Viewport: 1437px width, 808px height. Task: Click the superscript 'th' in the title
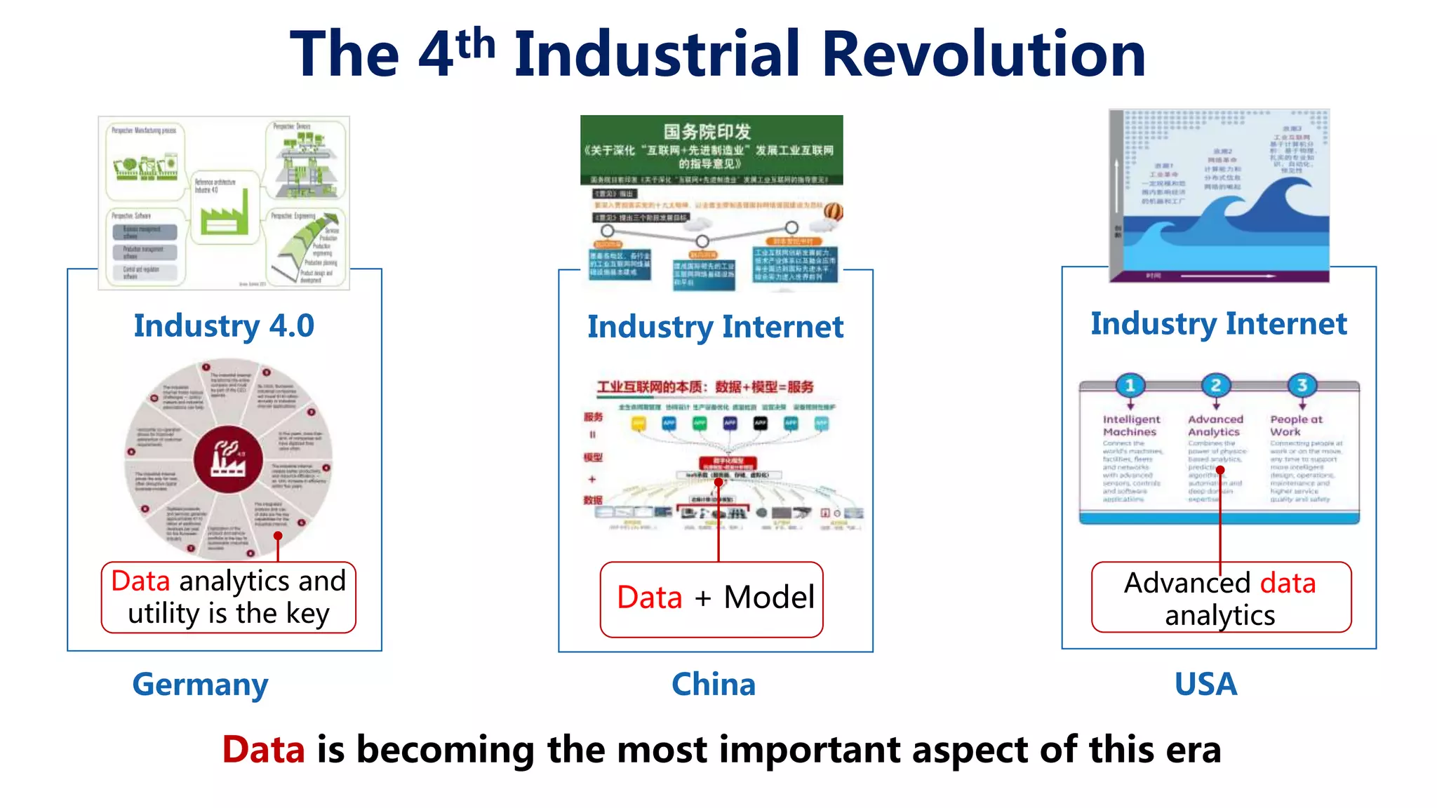point(475,43)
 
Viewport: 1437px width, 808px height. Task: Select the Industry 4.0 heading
point(224,325)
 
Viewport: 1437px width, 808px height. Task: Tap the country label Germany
point(200,685)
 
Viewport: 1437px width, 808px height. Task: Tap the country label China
point(714,685)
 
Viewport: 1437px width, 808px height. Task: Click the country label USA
point(1205,685)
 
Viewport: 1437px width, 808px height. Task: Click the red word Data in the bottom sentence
point(263,749)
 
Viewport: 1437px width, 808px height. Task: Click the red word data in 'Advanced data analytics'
point(1288,584)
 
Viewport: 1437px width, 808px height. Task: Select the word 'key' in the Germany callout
point(307,614)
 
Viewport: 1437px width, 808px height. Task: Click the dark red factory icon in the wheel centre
point(228,460)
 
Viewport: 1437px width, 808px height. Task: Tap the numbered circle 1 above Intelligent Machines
point(1130,385)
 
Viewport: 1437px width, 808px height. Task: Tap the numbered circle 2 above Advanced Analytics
point(1216,385)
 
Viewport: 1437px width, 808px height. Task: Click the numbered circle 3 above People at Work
point(1302,385)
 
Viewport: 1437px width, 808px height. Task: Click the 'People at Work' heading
point(1295,425)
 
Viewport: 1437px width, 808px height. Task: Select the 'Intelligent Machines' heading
point(1130,425)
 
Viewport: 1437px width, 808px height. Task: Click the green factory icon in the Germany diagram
point(224,214)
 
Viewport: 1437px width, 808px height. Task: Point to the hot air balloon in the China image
point(833,211)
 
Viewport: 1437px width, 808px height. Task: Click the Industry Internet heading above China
point(715,327)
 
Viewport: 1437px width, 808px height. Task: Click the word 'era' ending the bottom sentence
point(1193,749)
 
